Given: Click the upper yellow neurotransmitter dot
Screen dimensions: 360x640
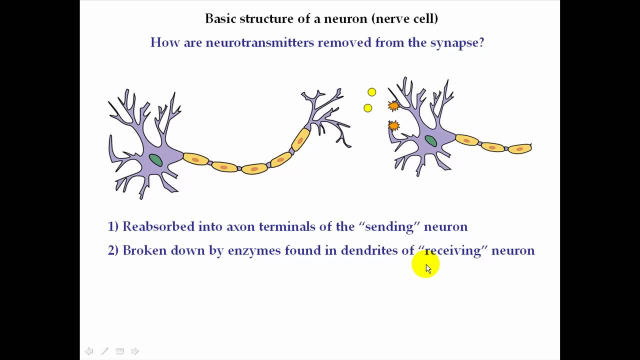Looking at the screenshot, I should point(371,92).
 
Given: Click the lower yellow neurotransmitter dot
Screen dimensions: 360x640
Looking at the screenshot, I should point(368,108).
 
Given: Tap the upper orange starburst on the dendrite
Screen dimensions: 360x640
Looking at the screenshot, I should point(393,105).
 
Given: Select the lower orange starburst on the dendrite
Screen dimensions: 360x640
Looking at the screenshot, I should point(393,125).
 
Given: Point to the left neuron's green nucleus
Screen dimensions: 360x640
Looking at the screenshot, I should point(155,160).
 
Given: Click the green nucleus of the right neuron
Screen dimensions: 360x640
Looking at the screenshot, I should point(430,141).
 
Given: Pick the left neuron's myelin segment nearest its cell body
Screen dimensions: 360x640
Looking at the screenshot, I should point(195,159).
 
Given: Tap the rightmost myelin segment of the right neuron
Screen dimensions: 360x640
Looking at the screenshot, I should point(519,148).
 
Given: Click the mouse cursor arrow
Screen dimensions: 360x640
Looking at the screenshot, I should point(428,268).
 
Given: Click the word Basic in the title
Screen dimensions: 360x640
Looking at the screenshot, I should point(220,19).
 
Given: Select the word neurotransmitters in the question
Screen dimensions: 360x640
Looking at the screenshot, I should point(259,42).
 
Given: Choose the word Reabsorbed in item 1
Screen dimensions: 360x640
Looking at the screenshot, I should point(158,226).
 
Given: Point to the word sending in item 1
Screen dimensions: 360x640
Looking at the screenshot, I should point(389,227).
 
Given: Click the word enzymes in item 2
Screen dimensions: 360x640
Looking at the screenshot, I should point(254,250).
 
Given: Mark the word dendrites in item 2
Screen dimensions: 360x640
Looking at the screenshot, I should point(369,250).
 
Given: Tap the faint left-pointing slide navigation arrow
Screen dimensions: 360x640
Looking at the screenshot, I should point(89,351).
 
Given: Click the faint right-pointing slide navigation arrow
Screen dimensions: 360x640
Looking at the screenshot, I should point(134,351).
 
